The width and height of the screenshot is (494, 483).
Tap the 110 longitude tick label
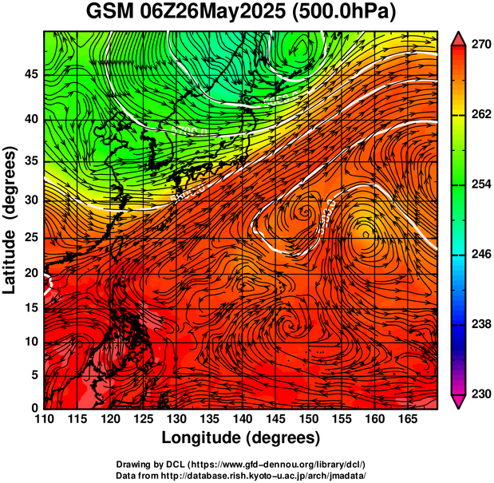click(x=44, y=419)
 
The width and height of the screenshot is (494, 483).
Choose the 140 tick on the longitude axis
click(x=241, y=419)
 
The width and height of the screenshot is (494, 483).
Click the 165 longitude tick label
click(x=405, y=419)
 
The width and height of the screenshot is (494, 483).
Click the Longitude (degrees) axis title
click(x=241, y=437)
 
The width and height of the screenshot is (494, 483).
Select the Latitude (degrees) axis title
click(x=11, y=220)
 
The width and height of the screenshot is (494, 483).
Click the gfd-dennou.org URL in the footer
click(x=271, y=464)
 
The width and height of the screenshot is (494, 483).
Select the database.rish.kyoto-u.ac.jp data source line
click(x=240, y=474)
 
